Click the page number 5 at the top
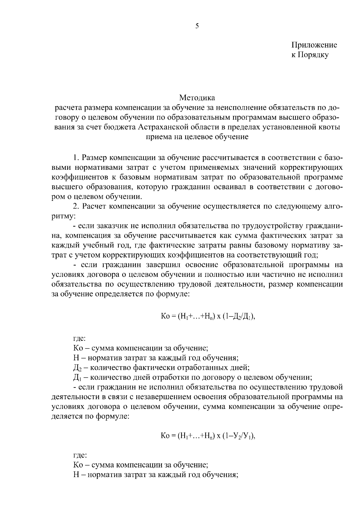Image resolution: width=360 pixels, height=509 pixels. [197, 26]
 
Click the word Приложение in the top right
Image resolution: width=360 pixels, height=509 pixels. [314, 45]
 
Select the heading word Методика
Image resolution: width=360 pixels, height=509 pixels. [197, 98]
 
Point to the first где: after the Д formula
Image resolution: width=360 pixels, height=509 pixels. [79, 339]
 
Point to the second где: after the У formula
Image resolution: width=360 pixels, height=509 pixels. [79, 455]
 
